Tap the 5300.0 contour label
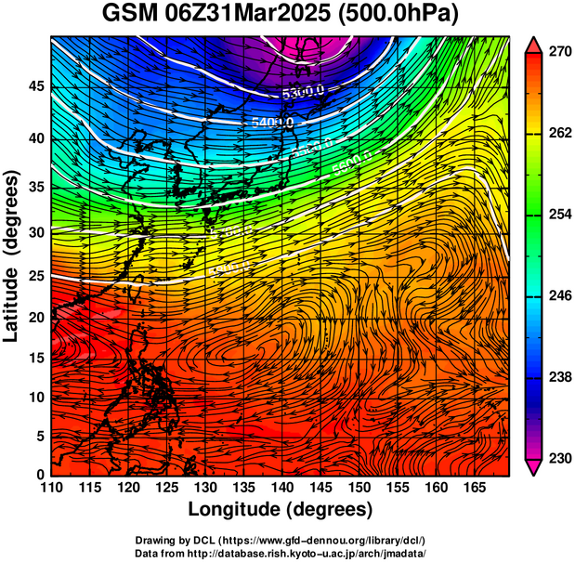pyautogui.click(x=303, y=91)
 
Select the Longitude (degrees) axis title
pyautogui.click(x=281, y=509)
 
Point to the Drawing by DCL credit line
pyautogui.click(x=281, y=540)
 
